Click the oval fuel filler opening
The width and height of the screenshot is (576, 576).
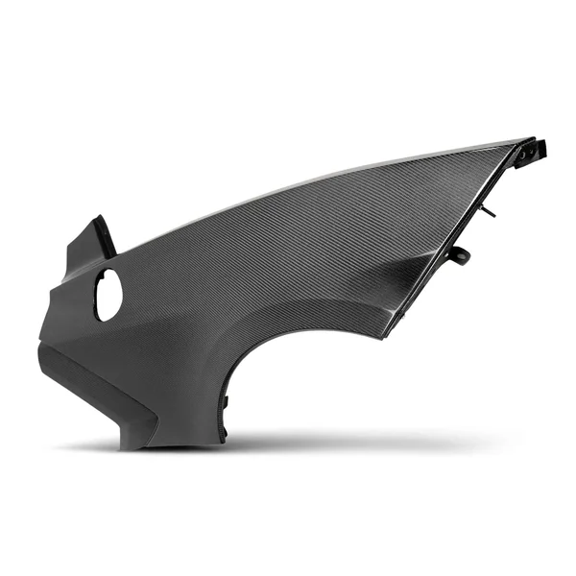[x=108, y=295]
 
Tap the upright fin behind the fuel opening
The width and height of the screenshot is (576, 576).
[x=96, y=240]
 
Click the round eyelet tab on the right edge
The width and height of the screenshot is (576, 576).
[x=464, y=254]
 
